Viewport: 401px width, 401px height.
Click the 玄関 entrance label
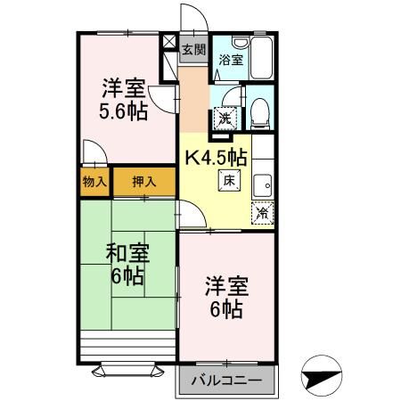[x=193, y=49]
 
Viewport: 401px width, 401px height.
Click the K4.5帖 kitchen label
[x=216, y=157]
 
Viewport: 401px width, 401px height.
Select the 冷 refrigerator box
[x=262, y=213]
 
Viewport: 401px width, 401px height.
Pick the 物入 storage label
[x=94, y=181]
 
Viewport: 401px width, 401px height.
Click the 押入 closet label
[x=143, y=181]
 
